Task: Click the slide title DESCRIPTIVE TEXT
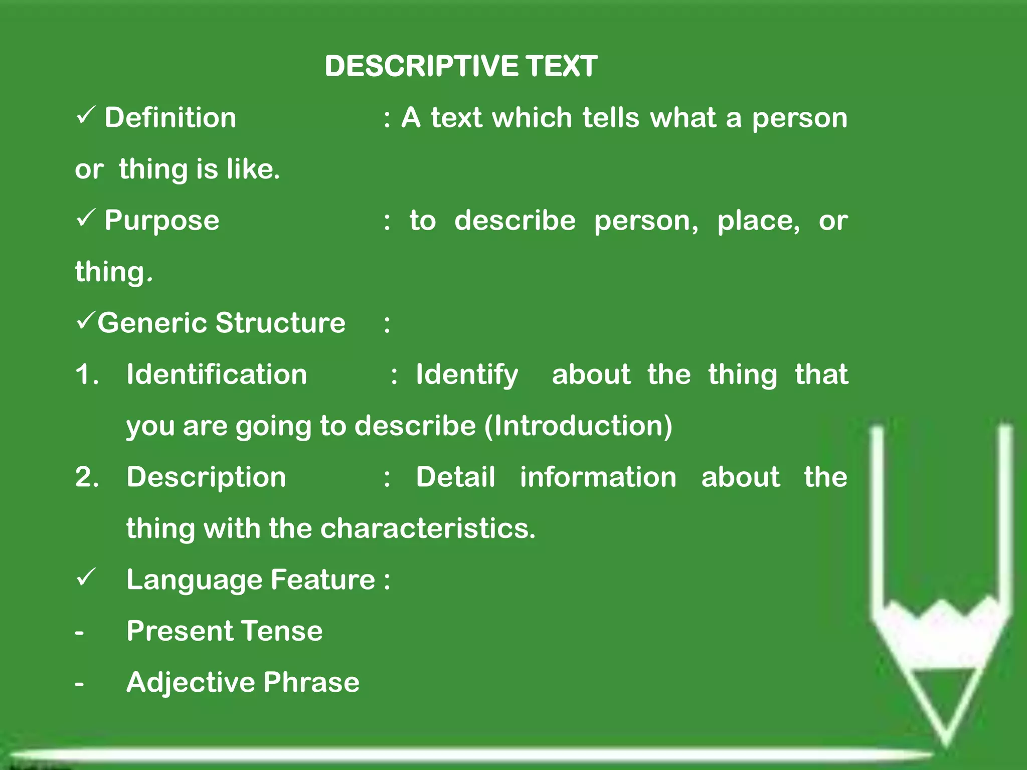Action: click(461, 66)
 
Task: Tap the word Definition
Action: click(170, 118)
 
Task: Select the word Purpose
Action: click(162, 221)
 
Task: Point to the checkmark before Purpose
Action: click(86, 218)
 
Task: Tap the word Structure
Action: click(280, 322)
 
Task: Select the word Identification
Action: click(217, 374)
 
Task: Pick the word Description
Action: click(206, 478)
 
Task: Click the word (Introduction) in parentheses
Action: click(578, 426)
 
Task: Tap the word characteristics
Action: click(428, 528)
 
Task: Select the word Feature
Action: click(323, 580)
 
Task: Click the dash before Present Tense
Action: click(79, 633)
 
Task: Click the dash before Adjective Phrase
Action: click(79, 684)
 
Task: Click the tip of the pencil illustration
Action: click(946, 742)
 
